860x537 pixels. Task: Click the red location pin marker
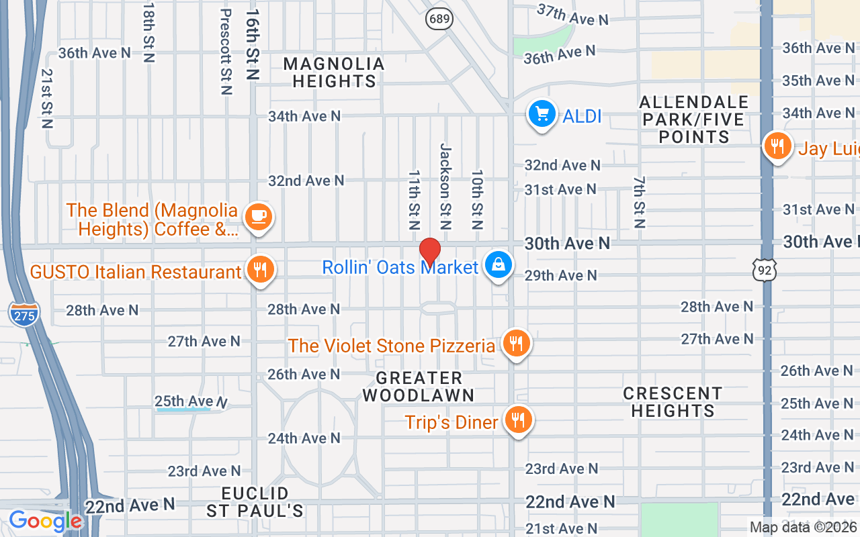point(430,252)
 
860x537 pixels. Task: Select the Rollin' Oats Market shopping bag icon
point(499,266)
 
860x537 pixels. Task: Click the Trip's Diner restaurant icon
point(517,421)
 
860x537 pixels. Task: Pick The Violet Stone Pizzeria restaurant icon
point(516,344)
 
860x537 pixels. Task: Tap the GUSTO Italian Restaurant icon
point(260,271)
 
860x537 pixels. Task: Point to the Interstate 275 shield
point(24,313)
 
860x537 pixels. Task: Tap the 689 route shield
point(439,18)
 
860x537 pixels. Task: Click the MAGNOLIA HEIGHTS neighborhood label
point(334,72)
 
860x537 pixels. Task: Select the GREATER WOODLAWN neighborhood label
point(419,387)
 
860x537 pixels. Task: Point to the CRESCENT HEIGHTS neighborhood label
point(673,401)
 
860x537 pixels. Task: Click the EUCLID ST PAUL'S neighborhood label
point(255,502)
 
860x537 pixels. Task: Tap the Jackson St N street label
point(444,186)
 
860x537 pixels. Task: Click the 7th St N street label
point(639,202)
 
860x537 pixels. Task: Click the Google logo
point(45,521)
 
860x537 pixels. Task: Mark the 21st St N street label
point(46,98)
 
